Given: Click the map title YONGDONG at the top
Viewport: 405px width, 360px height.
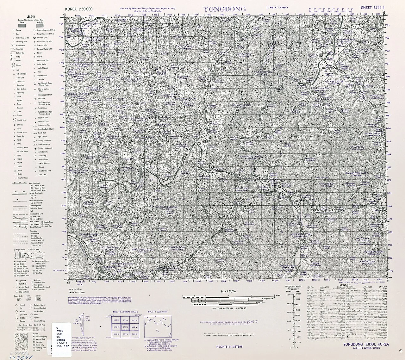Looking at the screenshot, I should coord(224,9).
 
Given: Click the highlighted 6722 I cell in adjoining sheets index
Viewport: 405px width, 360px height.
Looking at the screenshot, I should coord(125,327).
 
